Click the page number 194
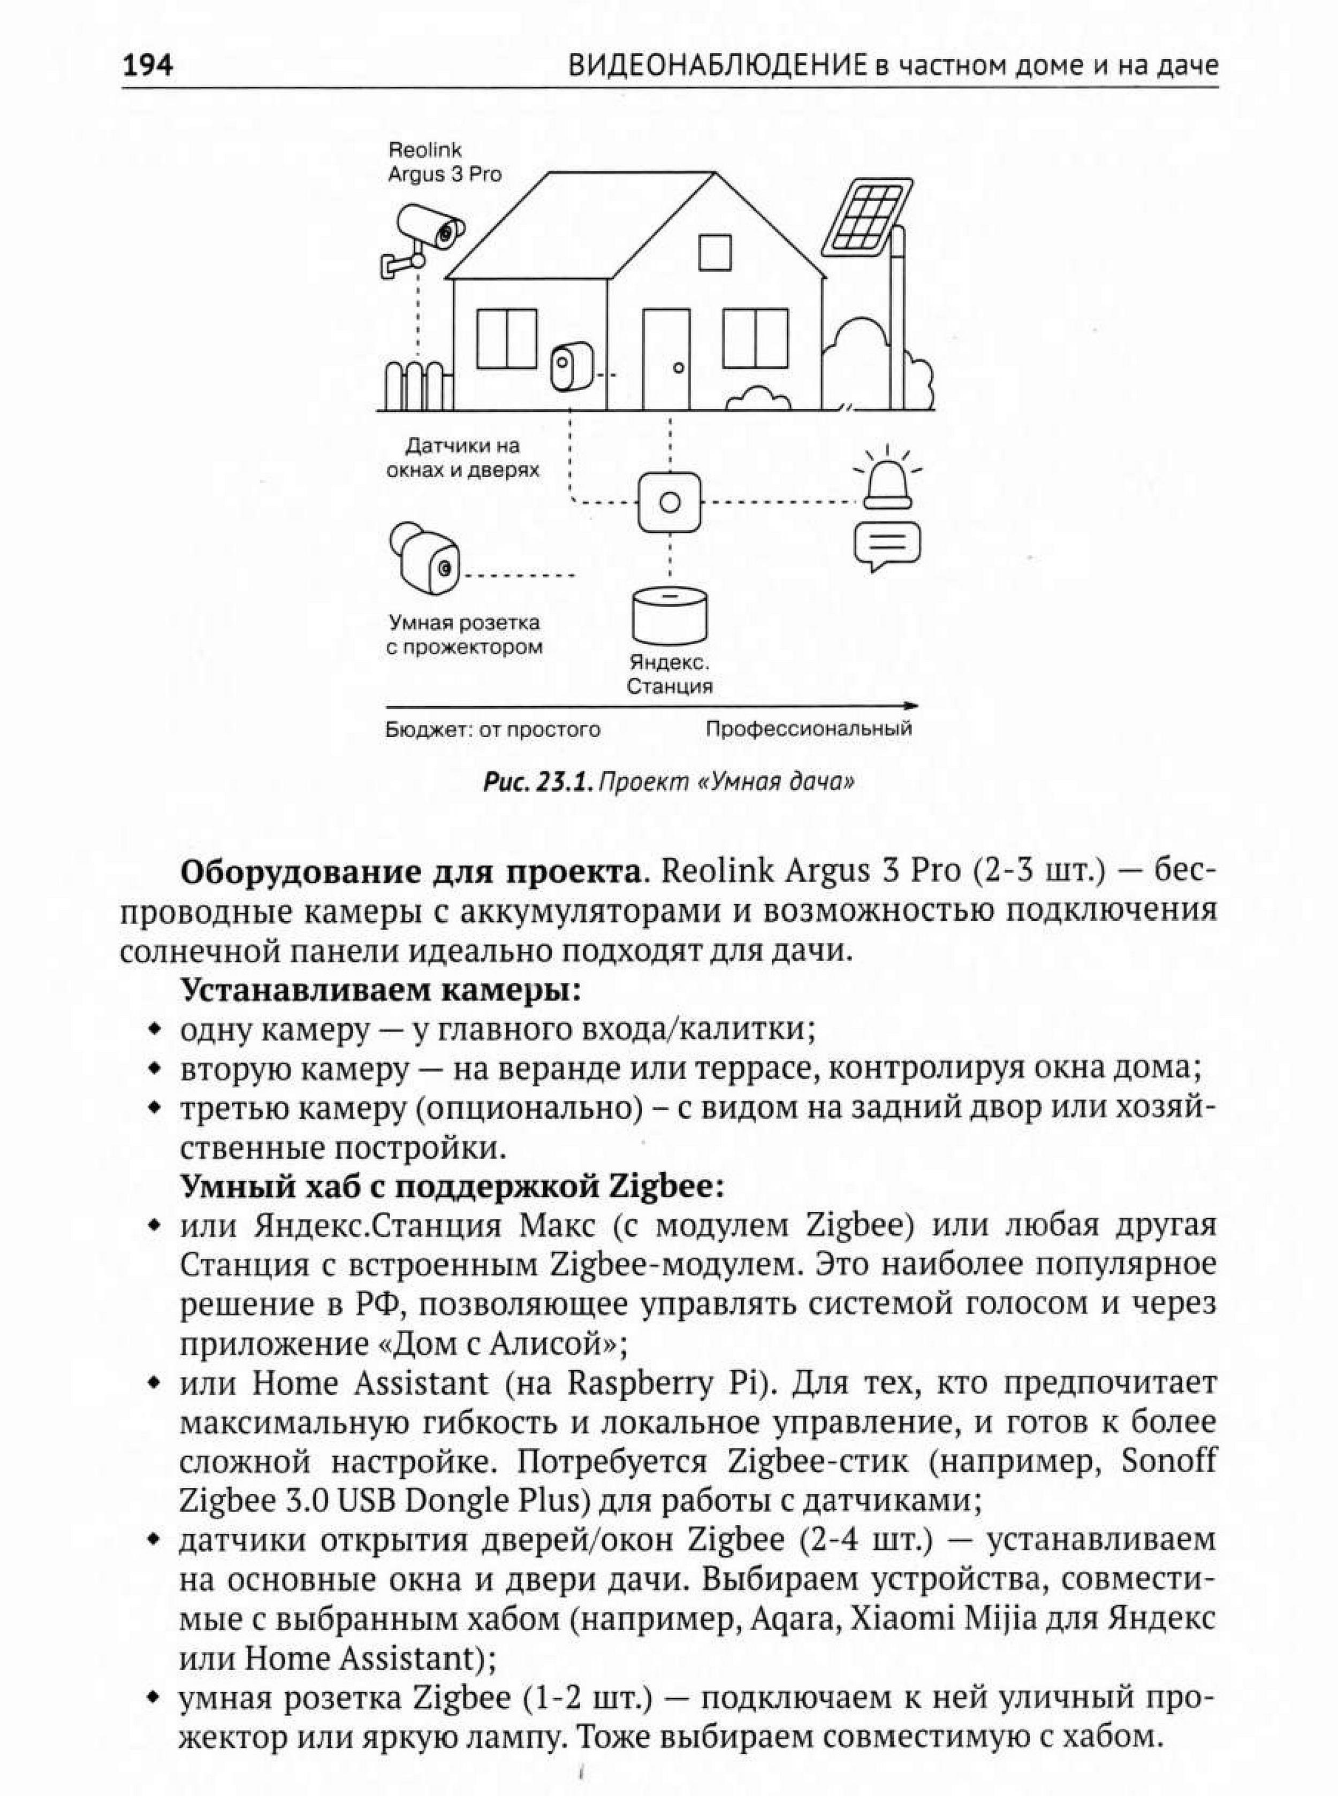pos(147,64)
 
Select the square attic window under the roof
pos(715,252)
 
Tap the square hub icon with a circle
pos(669,502)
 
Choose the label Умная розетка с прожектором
pos(464,635)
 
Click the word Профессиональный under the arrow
pos(808,728)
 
